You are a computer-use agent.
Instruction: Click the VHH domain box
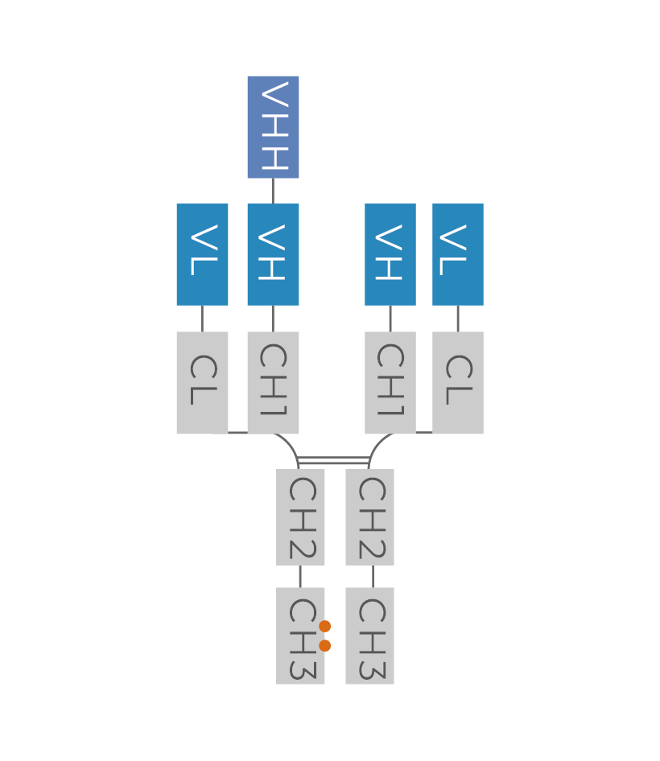(273, 127)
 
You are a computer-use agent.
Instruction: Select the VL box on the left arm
(202, 254)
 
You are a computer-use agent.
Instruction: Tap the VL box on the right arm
(458, 254)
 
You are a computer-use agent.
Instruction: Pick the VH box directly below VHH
(273, 254)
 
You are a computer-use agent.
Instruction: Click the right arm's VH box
(390, 254)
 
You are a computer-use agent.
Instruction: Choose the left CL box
(202, 382)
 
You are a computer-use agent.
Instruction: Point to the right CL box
(458, 382)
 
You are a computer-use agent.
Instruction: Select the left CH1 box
(273, 382)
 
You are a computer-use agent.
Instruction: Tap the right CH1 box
(390, 382)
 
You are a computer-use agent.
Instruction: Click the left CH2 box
(300, 517)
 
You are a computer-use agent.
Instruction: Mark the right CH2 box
(369, 517)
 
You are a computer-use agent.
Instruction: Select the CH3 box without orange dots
(369, 636)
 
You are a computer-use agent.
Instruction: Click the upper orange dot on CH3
(325, 626)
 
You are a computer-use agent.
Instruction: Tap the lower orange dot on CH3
(325, 645)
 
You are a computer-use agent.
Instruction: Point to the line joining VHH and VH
(273, 191)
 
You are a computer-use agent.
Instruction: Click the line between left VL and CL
(202, 319)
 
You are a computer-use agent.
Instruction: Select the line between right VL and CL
(458, 319)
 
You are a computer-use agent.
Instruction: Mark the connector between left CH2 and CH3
(300, 576)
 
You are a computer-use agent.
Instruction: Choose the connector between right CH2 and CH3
(373, 576)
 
